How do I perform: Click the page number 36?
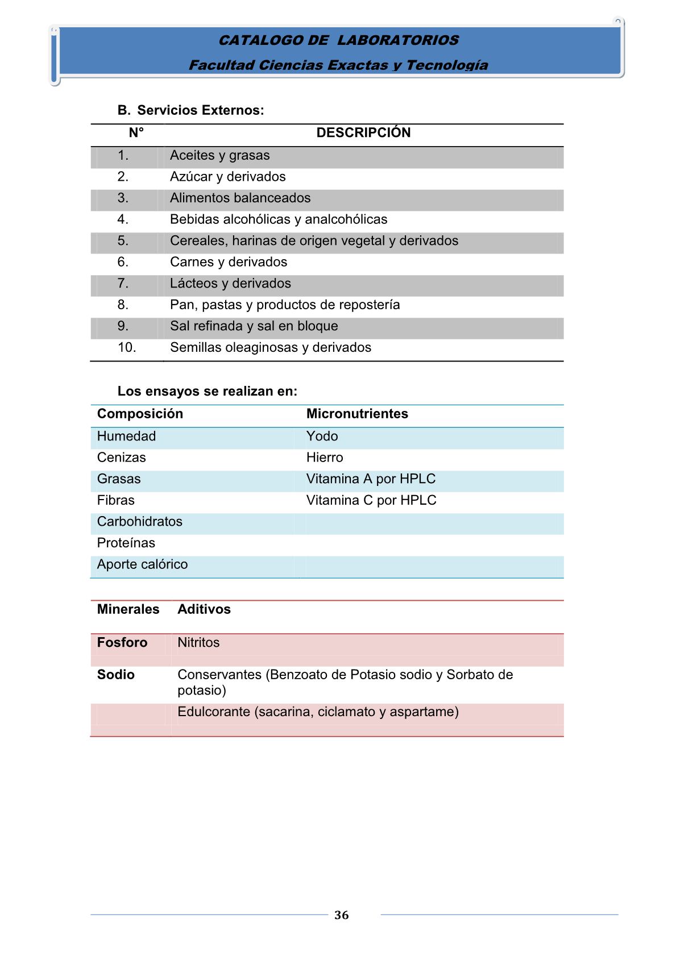point(341,915)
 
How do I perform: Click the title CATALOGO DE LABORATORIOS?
point(338,40)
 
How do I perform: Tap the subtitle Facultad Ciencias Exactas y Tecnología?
point(338,65)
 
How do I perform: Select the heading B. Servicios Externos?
point(190,110)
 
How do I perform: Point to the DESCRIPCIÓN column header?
point(363,132)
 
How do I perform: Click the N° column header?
point(136,132)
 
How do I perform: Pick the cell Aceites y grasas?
point(219,155)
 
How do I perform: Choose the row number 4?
point(123,219)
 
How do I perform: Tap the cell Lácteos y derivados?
point(230,283)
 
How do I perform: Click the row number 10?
point(127,347)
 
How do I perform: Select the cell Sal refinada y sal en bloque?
point(254,326)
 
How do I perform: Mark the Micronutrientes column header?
point(357,414)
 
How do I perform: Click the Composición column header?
point(140,414)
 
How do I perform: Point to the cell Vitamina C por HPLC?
point(371,500)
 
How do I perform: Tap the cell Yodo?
point(322,436)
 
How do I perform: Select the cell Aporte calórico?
point(142,564)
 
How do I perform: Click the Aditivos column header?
point(204,609)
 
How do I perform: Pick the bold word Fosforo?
point(122,642)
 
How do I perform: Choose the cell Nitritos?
point(198,642)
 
